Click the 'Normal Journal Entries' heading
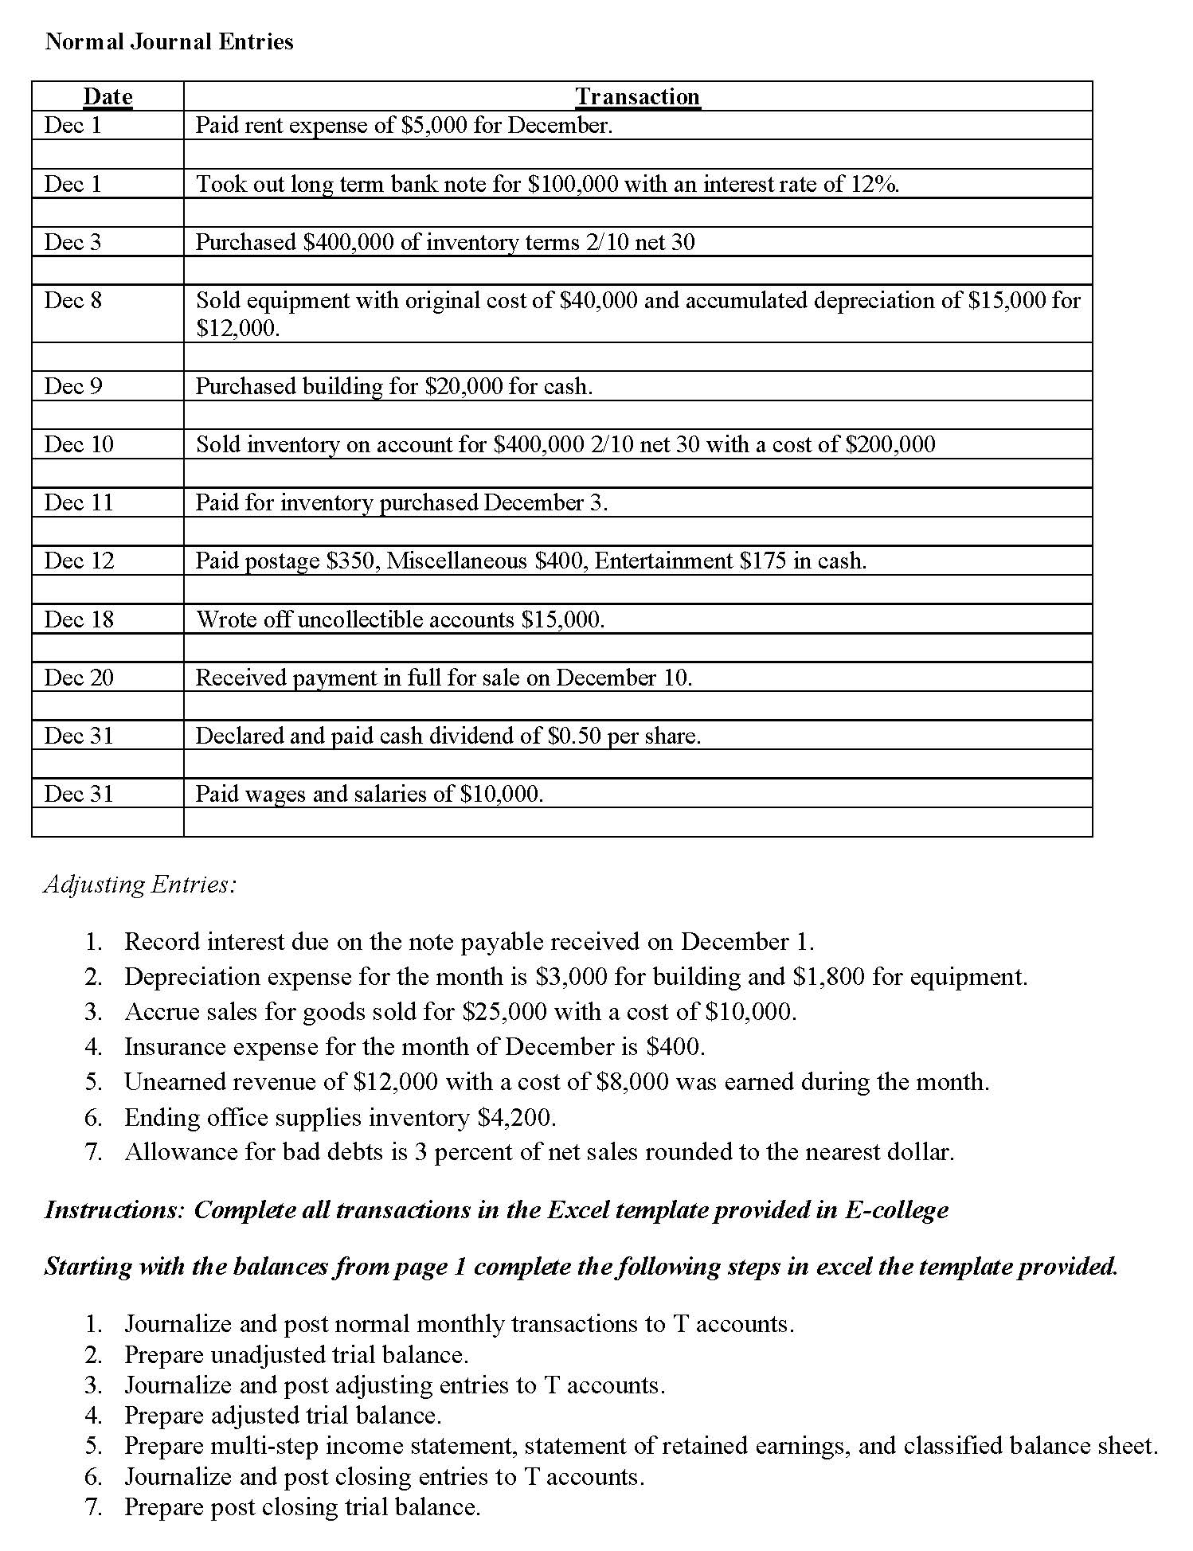point(169,41)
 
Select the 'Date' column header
point(108,96)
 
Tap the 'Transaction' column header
point(637,96)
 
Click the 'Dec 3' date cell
point(73,242)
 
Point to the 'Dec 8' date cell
point(73,300)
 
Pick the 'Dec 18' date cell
point(79,619)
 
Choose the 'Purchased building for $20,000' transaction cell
point(394,387)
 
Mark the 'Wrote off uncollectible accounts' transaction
point(400,619)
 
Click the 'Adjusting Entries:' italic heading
point(139,885)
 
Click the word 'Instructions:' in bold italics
point(115,1210)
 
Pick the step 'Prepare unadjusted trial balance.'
point(296,1355)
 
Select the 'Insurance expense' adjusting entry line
point(414,1047)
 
